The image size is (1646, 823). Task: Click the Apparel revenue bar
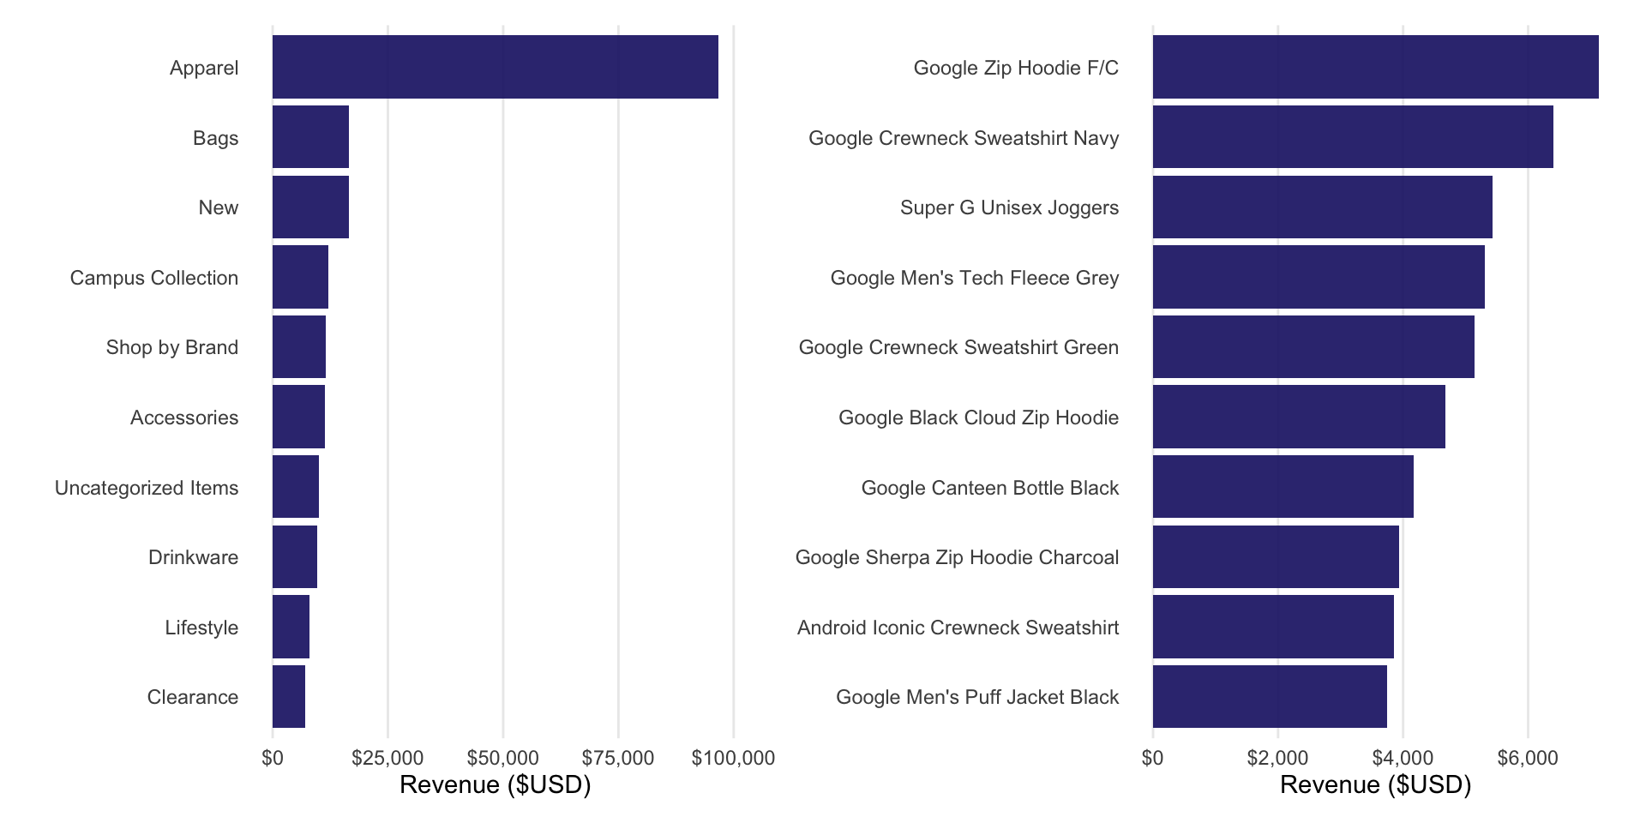point(495,67)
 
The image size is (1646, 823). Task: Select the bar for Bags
point(310,137)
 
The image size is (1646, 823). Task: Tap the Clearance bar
point(289,696)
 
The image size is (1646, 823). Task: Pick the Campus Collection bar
point(300,277)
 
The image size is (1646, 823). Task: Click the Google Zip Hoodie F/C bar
point(1375,67)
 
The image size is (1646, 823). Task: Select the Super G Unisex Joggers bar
point(1322,207)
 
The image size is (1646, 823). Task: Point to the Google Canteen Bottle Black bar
point(1283,487)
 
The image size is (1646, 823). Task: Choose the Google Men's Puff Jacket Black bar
point(1270,696)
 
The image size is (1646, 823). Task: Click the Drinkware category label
point(193,557)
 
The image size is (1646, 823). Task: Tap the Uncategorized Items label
point(147,488)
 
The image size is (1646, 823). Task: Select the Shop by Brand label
point(172,347)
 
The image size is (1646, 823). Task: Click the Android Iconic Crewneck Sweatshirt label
point(958,628)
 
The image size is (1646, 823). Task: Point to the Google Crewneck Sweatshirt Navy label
point(964,138)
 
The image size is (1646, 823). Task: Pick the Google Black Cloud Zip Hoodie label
point(978,418)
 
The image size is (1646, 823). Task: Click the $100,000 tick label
point(733,758)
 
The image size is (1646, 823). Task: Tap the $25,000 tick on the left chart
point(387,758)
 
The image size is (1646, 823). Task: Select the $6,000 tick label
point(1528,758)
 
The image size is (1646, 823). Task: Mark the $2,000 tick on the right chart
point(1277,758)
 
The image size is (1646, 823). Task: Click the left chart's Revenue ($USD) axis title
point(495,784)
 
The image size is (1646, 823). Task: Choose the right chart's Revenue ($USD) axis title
point(1375,784)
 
